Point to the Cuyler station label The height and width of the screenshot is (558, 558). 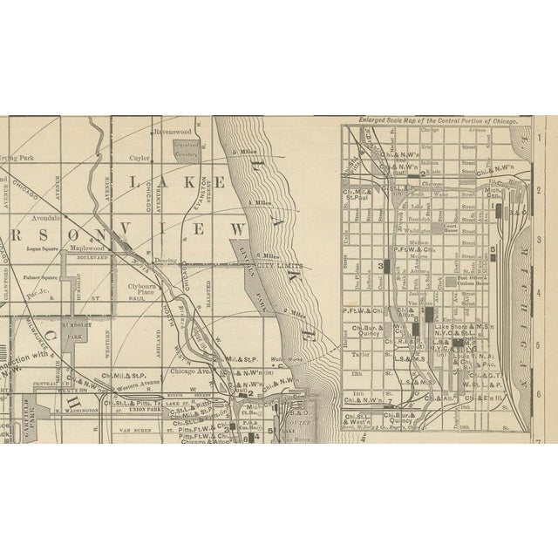pos(141,160)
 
